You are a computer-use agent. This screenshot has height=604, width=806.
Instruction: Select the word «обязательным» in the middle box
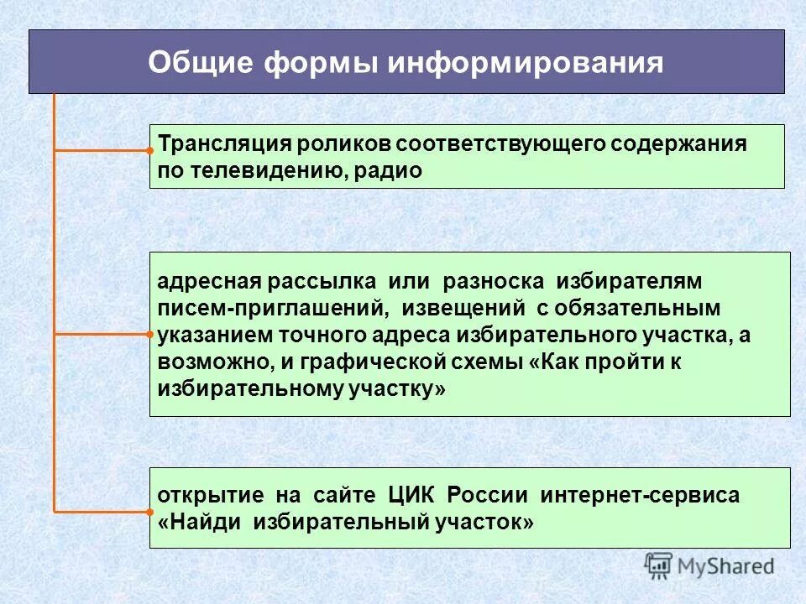click(x=642, y=307)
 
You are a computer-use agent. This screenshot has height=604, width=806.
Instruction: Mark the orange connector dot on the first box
click(x=149, y=152)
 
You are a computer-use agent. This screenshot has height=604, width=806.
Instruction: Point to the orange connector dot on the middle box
click(x=149, y=334)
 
